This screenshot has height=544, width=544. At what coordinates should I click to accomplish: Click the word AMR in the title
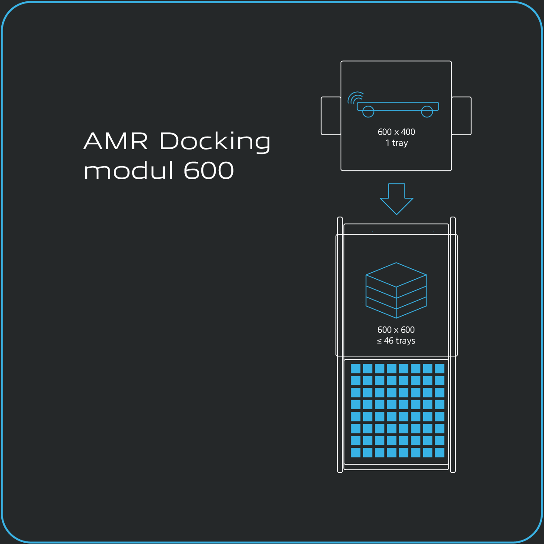pyautogui.click(x=116, y=141)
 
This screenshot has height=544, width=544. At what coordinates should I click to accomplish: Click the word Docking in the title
pyautogui.click(x=215, y=142)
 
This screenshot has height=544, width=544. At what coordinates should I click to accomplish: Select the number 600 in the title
pyautogui.click(x=209, y=170)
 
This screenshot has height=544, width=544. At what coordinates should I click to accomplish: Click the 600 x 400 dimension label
pyautogui.click(x=396, y=132)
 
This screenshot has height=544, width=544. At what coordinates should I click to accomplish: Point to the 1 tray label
pyautogui.click(x=396, y=143)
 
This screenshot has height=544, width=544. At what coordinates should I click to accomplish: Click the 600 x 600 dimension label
pyautogui.click(x=396, y=330)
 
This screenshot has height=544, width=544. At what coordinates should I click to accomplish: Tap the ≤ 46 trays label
pyautogui.click(x=396, y=341)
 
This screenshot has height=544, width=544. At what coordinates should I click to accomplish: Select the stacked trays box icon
pyautogui.click(x=396, y=290)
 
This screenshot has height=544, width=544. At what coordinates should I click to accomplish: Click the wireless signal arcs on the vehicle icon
pyautogui.click(x=355, y=98)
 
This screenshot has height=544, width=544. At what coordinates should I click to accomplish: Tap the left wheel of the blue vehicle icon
pyautogui.click(x=368, y=111)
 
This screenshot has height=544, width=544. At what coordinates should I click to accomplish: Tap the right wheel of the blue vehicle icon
pyautogui.click(x=427, y=111)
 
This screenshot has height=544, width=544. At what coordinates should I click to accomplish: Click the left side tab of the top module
pyautogui.click(x=331, y=116)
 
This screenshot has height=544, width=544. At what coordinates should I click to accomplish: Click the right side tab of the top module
pyautogui.click(x=461, y=116)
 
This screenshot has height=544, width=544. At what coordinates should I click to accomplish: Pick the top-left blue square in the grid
pyautogui.click(x=356, y=369)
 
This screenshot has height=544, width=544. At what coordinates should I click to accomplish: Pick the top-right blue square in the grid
pyautogui.click(x=439, y=369)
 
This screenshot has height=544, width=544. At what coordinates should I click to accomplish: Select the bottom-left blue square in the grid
pyautogui.click(x=356, y=452)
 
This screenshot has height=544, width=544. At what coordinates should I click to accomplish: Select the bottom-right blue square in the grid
pyautogui.click(x=439, y=452)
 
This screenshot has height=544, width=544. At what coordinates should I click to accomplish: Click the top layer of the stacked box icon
pyautogui.click(x=396, y=275)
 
